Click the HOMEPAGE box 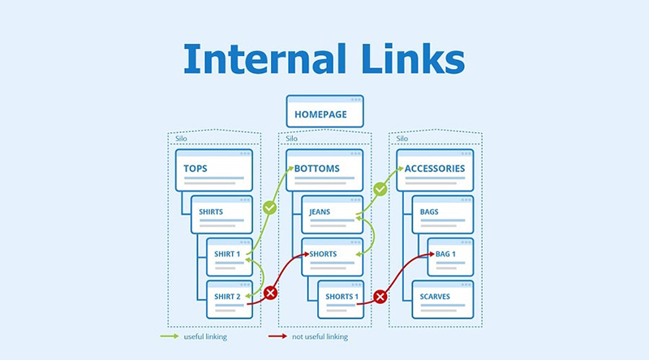click(x=324, y=111)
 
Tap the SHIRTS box click(x=221, y=214)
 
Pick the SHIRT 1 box click(x=230, y=257)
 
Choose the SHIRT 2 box click(x=230, y=299)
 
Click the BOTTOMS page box click(x=324, y=169)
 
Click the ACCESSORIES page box click(x=435, y=169)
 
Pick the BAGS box click(x=442, y=214)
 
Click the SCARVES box click(x=442, y=299)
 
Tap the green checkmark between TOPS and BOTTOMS click(x=270, y=208)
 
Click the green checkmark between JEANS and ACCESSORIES click(x=379, y=189)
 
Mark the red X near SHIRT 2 click(x=271, y=293)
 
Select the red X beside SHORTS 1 click(x=380, y=297)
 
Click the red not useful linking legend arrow click(x=277, y=336)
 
